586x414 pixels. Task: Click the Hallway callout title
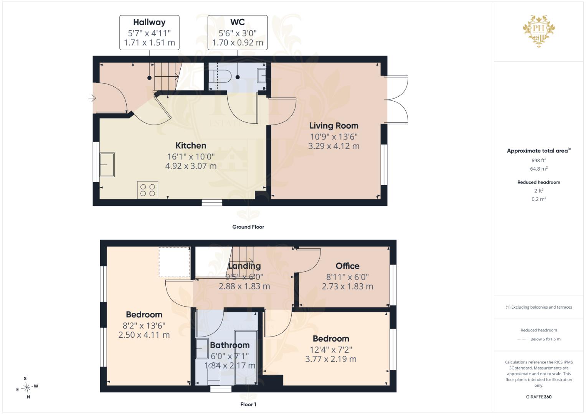[149, 22]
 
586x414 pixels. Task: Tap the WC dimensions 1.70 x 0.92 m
[238, 43]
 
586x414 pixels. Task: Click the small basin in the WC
[261, 76]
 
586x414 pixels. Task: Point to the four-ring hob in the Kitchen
[147, 190]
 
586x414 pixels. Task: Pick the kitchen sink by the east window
[107, 165]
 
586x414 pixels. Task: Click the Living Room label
[334, 126]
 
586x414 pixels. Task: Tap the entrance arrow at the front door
[92, 98]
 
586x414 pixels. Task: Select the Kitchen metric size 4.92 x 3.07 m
[191, 166]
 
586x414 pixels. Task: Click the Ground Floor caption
[248, 227]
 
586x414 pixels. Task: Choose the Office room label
[347, 266]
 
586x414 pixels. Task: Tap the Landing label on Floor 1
[244, 266]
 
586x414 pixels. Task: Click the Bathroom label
[230, 345]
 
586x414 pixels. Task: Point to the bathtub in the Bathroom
[246, 358]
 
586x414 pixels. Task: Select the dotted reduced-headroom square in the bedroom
[175, 262]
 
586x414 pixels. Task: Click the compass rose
[27, 388]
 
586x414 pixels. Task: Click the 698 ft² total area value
[539, 160]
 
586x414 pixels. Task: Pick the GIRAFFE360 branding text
[539, 397]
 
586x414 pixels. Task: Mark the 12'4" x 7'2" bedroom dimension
[331, 350]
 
